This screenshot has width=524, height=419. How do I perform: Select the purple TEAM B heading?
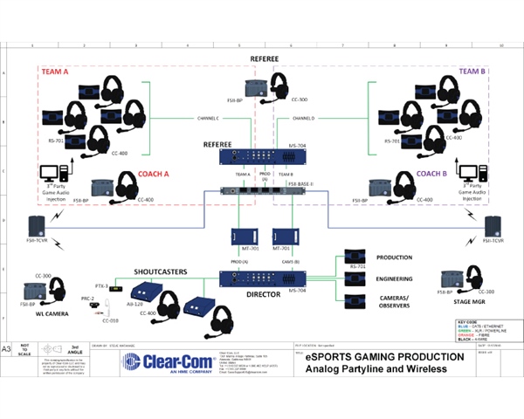[x=471, y=72]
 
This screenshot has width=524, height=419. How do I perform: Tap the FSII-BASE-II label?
[x=302, y=185]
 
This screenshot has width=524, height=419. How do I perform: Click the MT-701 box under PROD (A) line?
[x=242, y=237]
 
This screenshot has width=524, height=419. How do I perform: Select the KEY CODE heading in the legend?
[x=474, y=323]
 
